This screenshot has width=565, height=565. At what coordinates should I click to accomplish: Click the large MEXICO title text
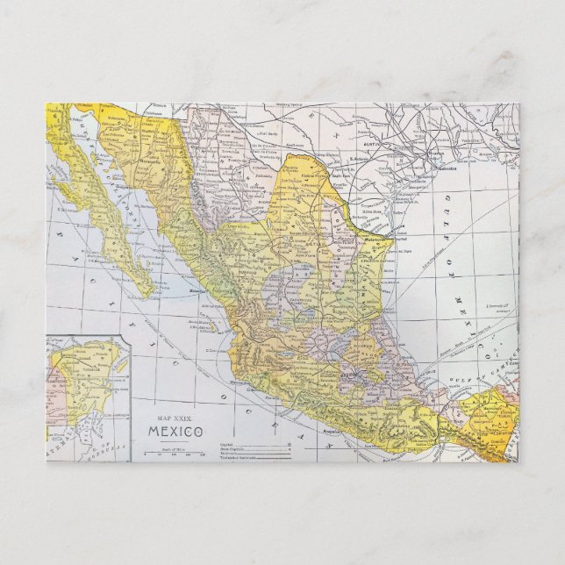pos(169,432)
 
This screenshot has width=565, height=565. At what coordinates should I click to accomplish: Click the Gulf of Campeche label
pos(478,375)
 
